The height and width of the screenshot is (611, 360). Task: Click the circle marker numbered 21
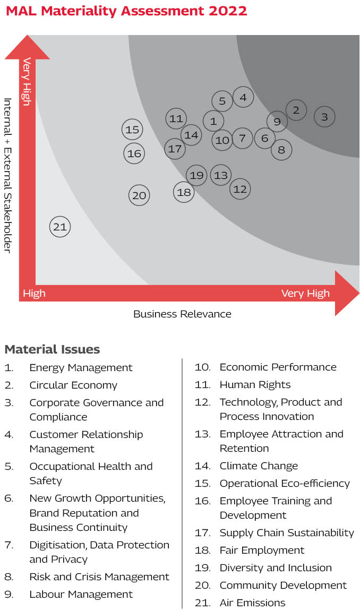[x=60, y=227]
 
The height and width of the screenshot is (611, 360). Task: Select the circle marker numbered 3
[x=324, y=117]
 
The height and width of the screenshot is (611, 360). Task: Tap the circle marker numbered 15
[x=132, y=130]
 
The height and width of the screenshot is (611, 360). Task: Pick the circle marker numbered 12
[x=240, y=188]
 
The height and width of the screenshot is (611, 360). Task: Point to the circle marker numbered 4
[x=243, y=97]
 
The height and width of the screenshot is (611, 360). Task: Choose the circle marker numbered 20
[x=139, y=195]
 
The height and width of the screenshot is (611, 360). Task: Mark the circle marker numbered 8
[x=281, y=150]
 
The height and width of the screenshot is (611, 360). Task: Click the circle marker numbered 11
[x=176, y=119]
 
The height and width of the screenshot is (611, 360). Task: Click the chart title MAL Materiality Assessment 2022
[x=126, y=11]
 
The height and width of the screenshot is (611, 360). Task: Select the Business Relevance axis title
[x=182, y=314]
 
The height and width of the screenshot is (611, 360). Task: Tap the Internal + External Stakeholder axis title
[x=7, y=175]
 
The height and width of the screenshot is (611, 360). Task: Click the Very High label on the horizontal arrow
[x=305, y=294]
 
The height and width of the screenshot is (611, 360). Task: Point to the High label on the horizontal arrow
[x=34, y=294]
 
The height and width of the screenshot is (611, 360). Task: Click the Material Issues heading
[x=52, y=349]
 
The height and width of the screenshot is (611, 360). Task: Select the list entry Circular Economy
[x=73, y=385]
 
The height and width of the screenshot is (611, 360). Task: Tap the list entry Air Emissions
[x=252, y=603]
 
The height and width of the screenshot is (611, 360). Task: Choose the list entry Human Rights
[x=255, y=384]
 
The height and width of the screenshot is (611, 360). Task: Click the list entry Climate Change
[x=259, y=466]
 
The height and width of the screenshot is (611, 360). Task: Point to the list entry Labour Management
[x=81, y=594]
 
